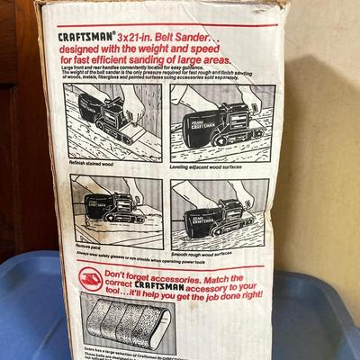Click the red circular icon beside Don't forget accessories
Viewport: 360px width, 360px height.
click(x=90, y=277)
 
